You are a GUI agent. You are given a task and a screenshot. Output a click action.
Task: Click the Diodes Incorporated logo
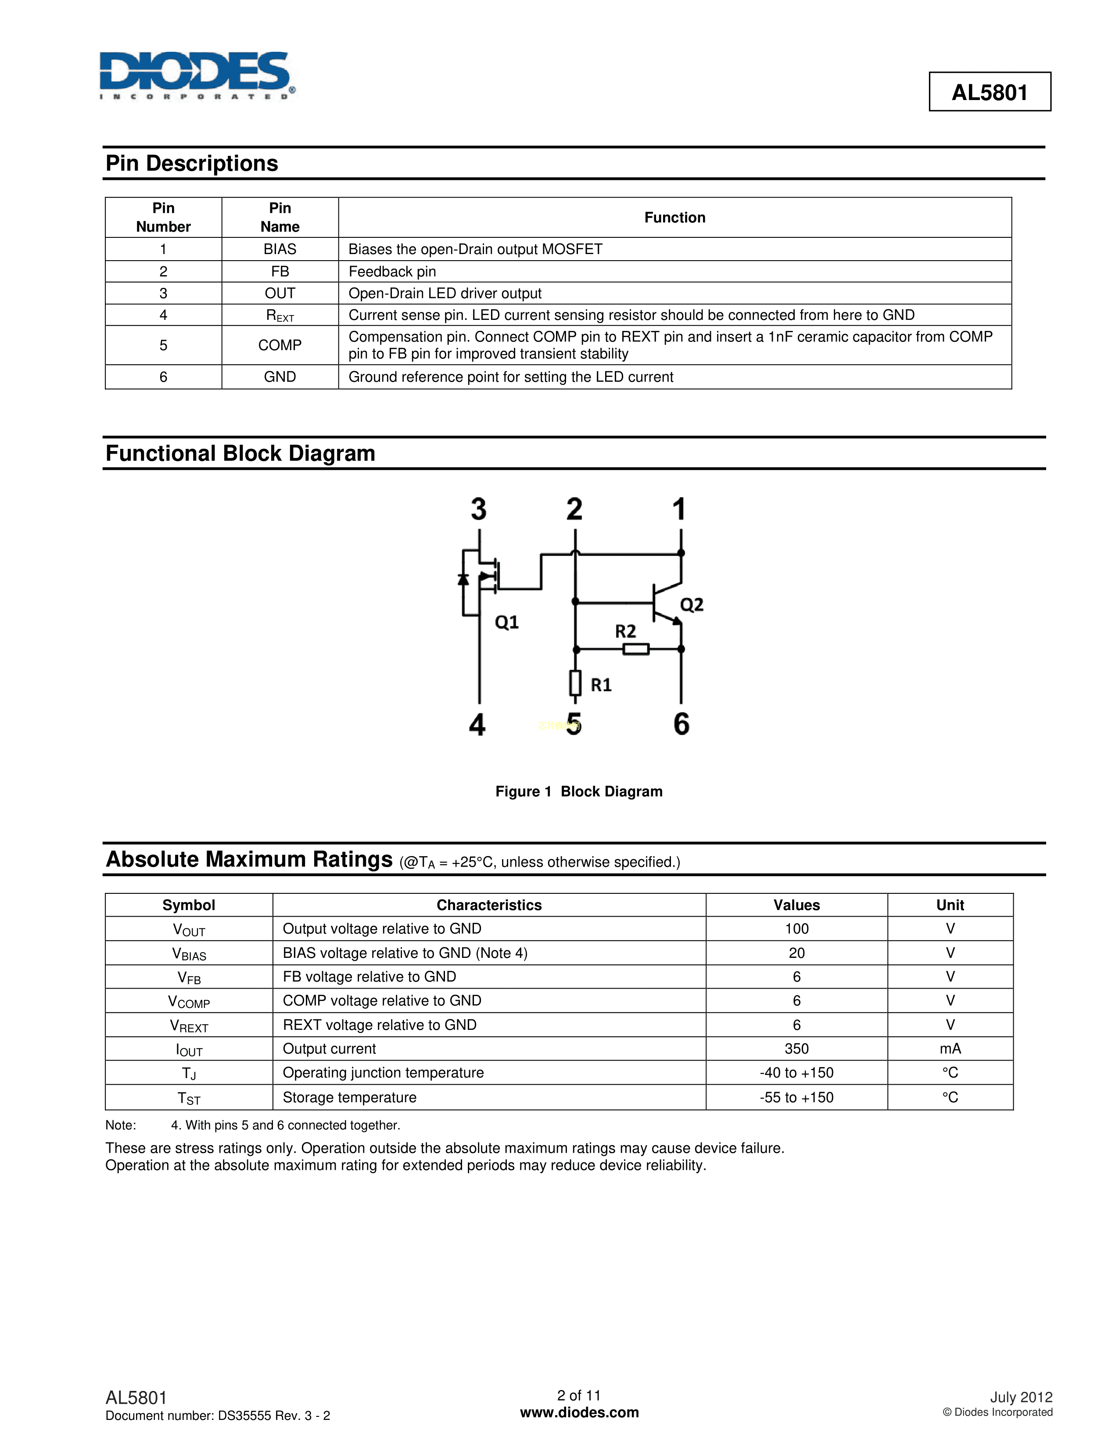196,75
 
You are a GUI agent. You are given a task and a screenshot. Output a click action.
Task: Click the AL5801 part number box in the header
989,92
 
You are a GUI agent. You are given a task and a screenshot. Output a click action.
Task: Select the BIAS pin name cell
280,249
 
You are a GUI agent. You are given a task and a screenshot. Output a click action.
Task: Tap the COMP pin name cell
280,345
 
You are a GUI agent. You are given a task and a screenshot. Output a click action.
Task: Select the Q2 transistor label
692,605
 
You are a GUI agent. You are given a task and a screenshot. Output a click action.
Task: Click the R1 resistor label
601,685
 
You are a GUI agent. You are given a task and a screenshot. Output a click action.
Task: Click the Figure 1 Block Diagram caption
579,792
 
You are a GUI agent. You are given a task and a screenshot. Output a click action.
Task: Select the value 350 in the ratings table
796,1049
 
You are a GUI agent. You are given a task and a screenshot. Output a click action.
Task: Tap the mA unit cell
949,1049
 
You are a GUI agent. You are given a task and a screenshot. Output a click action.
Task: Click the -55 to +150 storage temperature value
796,1097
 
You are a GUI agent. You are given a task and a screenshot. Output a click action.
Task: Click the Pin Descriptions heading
192,164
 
